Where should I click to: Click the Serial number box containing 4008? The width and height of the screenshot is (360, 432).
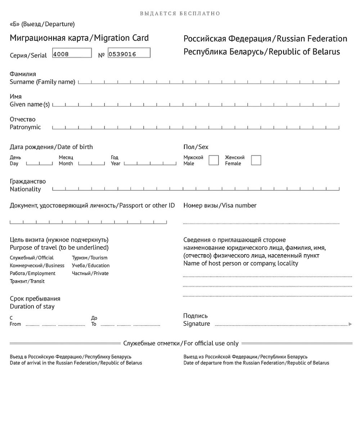[x=72, y=53]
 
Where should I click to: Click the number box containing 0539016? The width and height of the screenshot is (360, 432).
[x=129, y=53]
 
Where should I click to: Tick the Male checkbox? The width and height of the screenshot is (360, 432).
[x=213, y=160]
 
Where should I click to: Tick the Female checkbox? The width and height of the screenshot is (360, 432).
[x=256, y=160]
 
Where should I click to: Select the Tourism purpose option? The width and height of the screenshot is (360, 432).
[x=90, y=258]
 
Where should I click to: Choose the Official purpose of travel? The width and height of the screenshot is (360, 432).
[x=32, y=258]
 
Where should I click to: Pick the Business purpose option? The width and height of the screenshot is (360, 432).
[x=37, y=266]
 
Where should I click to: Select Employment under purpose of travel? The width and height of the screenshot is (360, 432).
[x=33, y=274]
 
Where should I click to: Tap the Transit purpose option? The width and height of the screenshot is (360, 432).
[x=27, y=282]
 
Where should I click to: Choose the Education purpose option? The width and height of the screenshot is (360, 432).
[x=91, y=266]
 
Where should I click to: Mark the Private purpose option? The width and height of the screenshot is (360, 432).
[x=90, y=274]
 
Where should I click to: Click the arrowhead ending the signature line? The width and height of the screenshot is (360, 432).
[x=350, y=324]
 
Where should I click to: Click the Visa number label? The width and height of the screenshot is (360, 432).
[x=239, y=206]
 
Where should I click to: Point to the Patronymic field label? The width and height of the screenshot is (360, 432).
[x=25, y=127]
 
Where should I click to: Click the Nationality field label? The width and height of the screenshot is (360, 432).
[x=25, y=189]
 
